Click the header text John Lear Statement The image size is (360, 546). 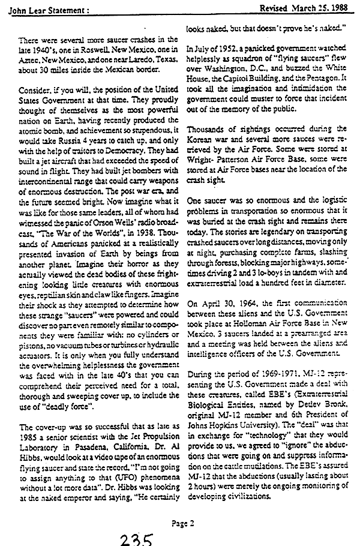point(37,8)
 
